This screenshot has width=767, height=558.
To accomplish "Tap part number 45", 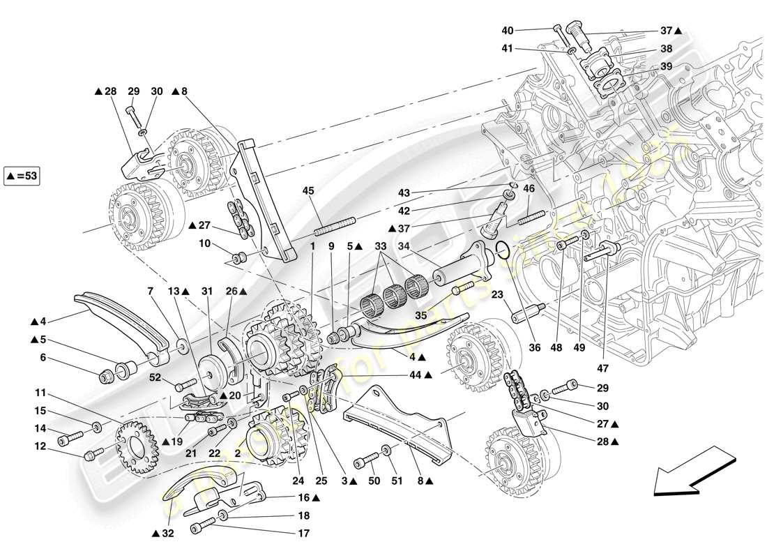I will [309, 190].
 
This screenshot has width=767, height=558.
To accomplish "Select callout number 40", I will [507, 30].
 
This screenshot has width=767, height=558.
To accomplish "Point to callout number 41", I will [507, 50].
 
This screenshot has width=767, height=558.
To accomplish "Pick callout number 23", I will [497, 295].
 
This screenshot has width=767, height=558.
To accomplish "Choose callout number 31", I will [206, 292].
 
